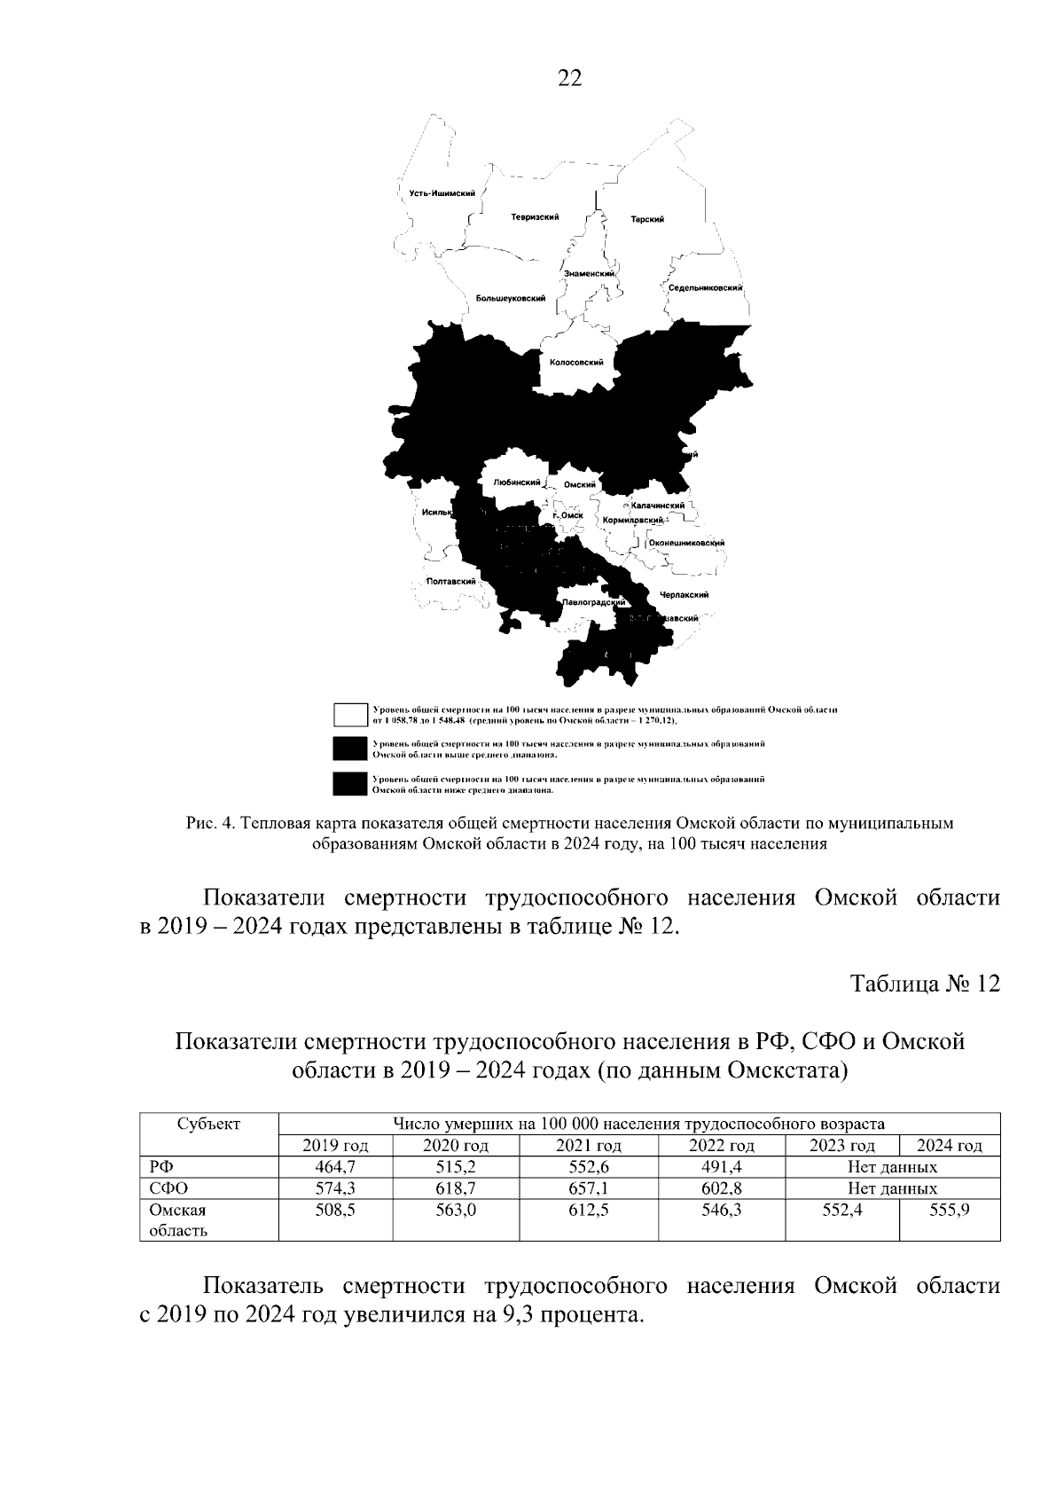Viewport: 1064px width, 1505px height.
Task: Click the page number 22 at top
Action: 569,79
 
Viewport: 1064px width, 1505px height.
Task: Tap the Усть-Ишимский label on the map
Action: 436,193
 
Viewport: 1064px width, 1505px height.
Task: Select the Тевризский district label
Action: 534,217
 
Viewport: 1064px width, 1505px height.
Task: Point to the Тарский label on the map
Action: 647,219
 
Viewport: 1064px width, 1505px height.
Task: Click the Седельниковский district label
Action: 705,288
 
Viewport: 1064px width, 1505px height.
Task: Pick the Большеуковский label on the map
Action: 510,299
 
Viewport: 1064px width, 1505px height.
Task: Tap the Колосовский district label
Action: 576,362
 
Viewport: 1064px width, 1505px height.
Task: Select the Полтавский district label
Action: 450,582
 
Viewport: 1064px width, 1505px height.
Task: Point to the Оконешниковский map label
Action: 687,543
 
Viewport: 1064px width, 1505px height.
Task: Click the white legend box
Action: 350,714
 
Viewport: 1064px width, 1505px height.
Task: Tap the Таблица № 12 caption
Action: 925,984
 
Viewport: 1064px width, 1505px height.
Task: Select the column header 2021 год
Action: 588,1146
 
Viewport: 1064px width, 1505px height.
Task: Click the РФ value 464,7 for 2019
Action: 335,1167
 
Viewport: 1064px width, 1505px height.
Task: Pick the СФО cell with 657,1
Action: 588,1188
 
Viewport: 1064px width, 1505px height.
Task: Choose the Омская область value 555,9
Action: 949,1209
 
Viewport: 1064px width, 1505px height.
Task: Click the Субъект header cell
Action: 208,1125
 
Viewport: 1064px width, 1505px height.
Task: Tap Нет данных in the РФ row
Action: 892,1167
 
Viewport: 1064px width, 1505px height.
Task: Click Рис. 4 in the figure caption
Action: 210,823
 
